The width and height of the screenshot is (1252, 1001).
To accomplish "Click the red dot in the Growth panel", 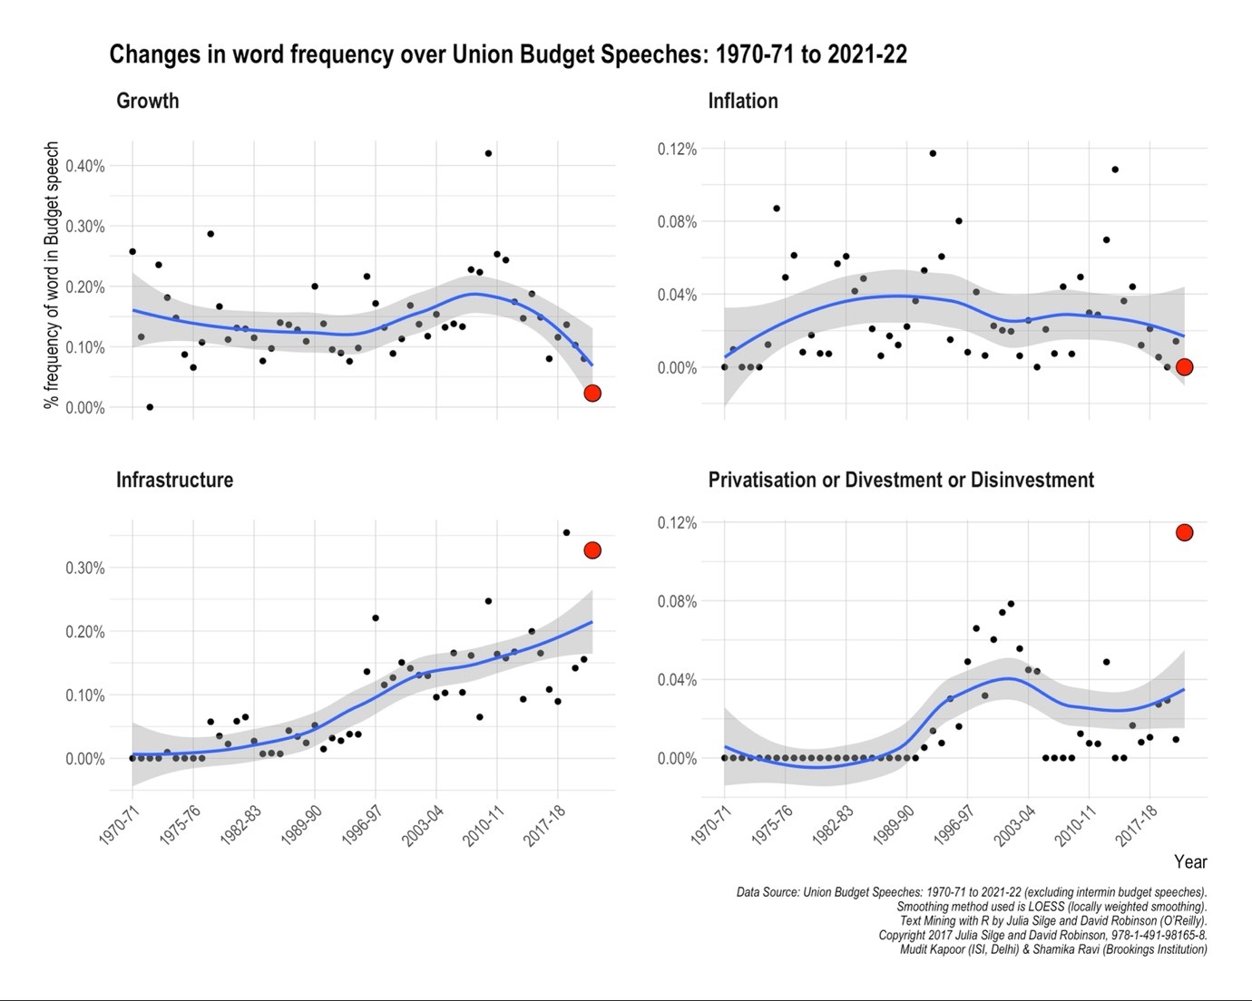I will click(592, 393).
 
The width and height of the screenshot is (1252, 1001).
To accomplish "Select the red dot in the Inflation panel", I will click(1184, 367).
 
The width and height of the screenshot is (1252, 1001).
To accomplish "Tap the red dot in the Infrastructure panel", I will click(592, 550).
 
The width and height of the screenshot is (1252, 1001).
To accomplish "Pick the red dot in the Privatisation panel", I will click(1184, 532).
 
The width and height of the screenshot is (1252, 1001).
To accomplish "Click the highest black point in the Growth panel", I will click(488, 153).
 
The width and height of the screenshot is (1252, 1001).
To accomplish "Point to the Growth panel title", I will click(147, 101).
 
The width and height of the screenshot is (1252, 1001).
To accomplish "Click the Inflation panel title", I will click(742, 101).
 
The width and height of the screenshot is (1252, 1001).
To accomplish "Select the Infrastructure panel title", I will click(174, 480).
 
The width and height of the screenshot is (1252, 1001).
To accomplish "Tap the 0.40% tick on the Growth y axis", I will click(84, 166).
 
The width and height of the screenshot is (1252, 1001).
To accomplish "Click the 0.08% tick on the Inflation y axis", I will click(677, 222).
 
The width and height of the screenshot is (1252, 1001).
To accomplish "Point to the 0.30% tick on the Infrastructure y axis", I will click(84, 569).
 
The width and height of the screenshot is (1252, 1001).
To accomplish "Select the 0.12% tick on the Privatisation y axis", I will click(677, 523).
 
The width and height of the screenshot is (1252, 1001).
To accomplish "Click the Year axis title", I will click(1190, 861).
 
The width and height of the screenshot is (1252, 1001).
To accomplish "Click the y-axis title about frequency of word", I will click(52, 275).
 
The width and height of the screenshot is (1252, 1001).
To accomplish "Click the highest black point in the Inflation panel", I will click(933, 153).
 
